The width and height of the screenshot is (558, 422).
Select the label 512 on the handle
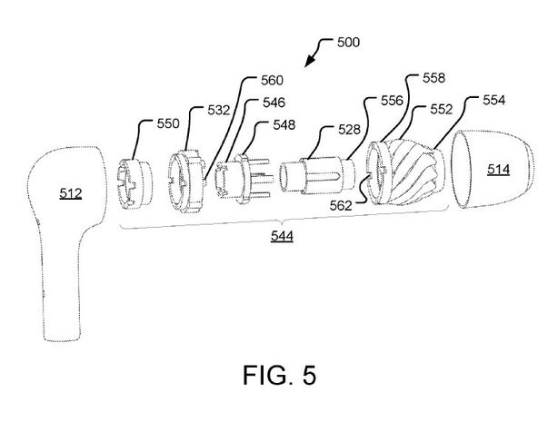70,193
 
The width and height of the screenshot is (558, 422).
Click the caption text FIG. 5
279,374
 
